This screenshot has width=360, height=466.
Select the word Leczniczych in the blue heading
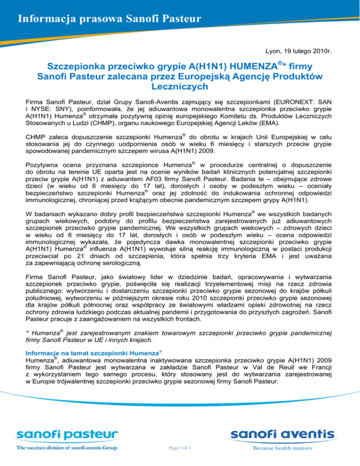(180, 87)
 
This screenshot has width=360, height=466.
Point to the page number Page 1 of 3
(180, 448)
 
